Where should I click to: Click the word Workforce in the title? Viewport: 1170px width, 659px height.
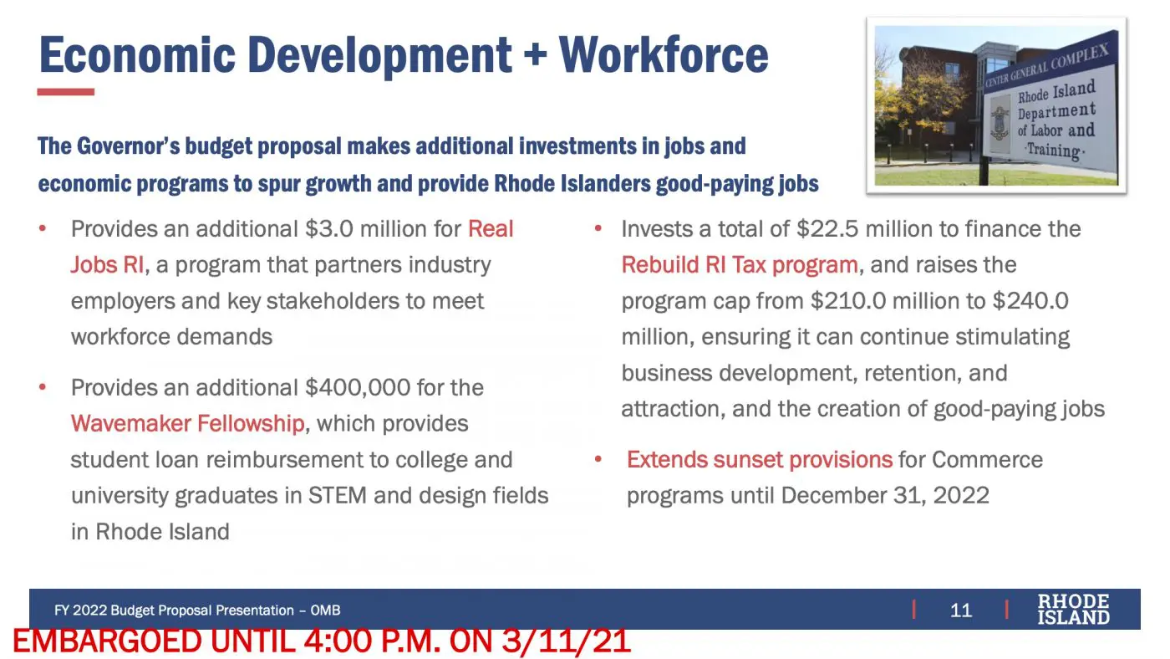664,55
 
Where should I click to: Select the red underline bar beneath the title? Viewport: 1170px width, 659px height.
66,92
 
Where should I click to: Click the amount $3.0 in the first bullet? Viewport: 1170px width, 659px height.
329,229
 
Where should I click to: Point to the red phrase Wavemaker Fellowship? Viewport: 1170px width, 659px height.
187,423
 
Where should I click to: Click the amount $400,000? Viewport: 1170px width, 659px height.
358,388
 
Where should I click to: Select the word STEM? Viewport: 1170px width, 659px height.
338,495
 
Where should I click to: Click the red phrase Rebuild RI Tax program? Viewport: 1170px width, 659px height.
740,265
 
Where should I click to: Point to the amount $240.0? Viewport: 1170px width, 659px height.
1030,301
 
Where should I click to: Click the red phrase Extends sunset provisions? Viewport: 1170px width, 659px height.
760,460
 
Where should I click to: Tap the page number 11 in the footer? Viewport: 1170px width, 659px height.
960,610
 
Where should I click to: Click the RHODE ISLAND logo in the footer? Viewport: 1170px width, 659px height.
1073,610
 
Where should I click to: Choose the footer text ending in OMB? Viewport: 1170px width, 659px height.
197,610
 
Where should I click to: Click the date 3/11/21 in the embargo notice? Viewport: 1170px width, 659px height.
567,641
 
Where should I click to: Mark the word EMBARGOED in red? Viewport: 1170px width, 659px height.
107,641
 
